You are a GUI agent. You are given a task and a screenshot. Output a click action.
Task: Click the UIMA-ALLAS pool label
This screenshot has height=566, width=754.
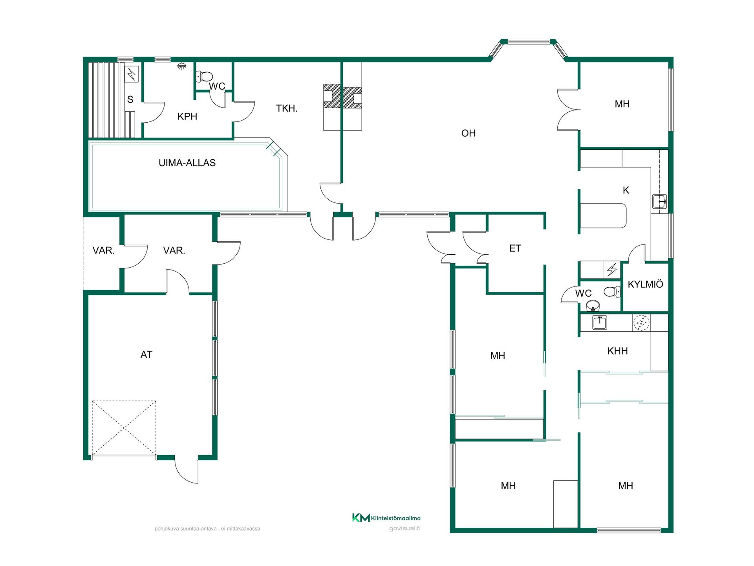click(187, 163)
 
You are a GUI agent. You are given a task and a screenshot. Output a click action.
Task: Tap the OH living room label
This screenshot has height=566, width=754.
click(468, 133)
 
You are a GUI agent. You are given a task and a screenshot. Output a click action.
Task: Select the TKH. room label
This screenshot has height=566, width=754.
click(287, 108)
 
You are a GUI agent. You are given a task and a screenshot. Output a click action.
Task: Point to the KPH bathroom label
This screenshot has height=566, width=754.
click(187, 116)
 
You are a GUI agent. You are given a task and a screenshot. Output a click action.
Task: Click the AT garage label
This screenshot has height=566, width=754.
click(146, 355)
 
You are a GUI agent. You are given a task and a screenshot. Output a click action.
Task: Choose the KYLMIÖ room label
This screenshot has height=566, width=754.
click(645, 284)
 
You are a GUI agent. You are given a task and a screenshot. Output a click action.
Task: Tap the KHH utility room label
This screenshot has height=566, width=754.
click(617, 351)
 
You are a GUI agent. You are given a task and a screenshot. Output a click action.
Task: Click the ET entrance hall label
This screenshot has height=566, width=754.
click(515, 248)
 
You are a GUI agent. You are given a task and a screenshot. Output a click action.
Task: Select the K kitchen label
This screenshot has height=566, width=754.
click(626, 190)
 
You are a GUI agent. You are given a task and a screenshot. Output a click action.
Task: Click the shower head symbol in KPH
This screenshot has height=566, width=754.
click(181, 66)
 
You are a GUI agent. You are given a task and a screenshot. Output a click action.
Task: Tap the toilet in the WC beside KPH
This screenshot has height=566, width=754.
click(204, 76)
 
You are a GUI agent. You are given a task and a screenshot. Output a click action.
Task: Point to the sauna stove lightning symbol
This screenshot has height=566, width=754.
click(132, 74)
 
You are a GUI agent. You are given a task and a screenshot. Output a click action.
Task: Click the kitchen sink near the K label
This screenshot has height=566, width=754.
click(659, 202)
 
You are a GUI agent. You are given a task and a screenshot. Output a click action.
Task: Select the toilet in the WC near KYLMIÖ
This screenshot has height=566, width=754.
click(612, 292)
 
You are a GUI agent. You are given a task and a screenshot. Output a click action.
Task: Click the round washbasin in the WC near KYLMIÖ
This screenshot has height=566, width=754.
click(593, 305)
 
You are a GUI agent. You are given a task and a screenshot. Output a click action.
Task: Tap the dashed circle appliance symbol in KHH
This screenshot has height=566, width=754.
click(641, 323)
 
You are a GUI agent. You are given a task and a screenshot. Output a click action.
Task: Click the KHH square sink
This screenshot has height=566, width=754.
click(600, 322)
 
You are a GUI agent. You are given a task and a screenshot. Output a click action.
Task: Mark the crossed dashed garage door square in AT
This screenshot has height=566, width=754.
click(124, 428)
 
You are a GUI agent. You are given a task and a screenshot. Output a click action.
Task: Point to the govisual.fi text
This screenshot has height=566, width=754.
click(404, 528)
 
